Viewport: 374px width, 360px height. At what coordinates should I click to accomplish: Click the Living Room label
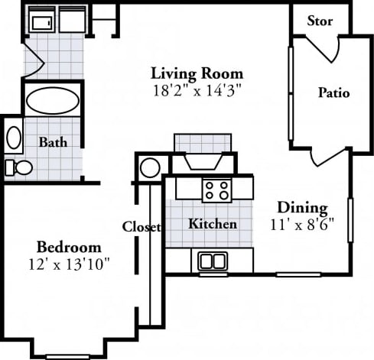pos(197,73)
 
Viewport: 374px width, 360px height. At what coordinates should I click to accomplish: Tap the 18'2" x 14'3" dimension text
pos(197,89)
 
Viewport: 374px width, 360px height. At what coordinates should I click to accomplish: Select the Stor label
pos(320,21)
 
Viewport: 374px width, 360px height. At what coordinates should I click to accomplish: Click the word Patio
pos(333,93)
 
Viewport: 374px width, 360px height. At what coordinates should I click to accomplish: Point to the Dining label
pos(302,207)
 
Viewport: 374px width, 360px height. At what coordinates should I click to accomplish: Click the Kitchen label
pos(212,225)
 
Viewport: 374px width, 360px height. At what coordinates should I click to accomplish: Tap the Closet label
pos(142,227)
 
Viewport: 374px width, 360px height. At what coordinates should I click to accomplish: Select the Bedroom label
pos(70,248)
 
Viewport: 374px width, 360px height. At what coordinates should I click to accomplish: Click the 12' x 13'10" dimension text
pos(70,264)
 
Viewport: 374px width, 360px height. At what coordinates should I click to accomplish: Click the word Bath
pos(52,142)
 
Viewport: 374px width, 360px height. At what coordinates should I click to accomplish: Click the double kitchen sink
pos(213,261)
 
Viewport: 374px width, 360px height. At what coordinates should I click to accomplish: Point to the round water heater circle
pos(151,167)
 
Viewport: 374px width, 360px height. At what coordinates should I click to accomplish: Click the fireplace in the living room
pos(203,157)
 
